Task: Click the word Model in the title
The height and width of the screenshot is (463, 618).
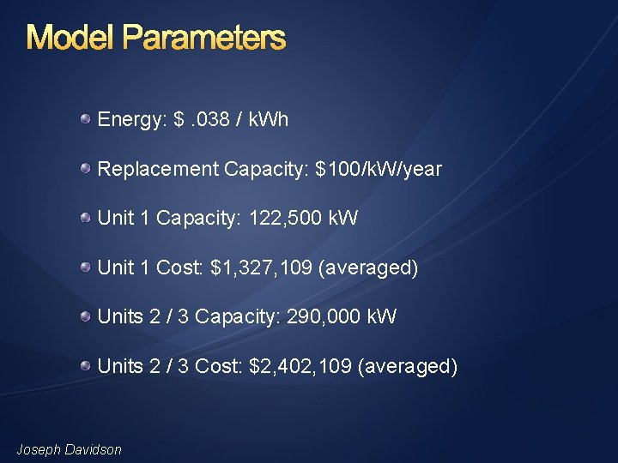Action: tap(70, 39)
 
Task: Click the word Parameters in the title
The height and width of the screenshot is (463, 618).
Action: tap(203, 39)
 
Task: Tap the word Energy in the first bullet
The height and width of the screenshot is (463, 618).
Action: tap(130, 120)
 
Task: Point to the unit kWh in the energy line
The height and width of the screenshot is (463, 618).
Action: tap(268, 120)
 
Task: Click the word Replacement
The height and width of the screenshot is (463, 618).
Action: tap(158, 170)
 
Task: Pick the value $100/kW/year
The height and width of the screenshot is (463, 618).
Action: tap(379, 170)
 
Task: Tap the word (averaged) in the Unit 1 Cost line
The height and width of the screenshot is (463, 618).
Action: tap(368, 268)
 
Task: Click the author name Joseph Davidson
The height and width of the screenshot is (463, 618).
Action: tap(70, 449)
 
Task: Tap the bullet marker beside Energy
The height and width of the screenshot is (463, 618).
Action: tap(87, 119)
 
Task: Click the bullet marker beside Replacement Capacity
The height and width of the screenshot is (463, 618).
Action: tap(87, 169)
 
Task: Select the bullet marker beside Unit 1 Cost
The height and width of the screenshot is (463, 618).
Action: tap(87, 268)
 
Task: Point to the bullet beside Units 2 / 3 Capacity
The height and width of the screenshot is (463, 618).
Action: tap(87, 316)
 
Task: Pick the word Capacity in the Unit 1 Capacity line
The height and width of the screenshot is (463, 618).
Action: tap(197, 219)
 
